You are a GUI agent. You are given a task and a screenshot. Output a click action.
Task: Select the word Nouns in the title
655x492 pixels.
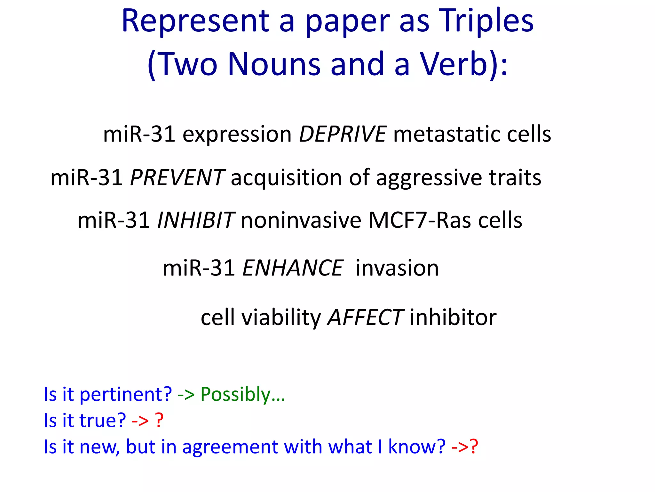coord(274,64)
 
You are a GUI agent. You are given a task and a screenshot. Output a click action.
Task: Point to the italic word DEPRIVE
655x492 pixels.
coord(342,134)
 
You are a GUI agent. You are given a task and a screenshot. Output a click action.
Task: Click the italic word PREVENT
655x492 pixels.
coord(177,177)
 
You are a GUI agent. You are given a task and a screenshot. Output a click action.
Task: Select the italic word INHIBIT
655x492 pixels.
coord(196,220)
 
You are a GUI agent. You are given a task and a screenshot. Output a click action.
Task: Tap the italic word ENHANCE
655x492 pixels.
coord(293,268)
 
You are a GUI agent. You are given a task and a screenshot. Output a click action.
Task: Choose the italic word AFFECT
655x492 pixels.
coord(365,317)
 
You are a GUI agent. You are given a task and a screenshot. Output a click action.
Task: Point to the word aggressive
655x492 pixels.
coord(429,178)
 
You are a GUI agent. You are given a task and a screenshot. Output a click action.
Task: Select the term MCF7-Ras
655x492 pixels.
coord(419,220)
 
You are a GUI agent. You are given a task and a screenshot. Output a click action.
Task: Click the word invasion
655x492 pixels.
coord(397,268)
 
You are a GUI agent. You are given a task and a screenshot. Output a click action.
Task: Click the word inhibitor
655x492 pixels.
coord(453,317)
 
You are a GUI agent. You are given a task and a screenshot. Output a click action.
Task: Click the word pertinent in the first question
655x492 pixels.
coord(125,394)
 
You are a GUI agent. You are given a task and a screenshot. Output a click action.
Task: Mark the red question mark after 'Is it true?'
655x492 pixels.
coord(159,420)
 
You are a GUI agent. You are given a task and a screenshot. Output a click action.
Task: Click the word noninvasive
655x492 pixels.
coord(301,220)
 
